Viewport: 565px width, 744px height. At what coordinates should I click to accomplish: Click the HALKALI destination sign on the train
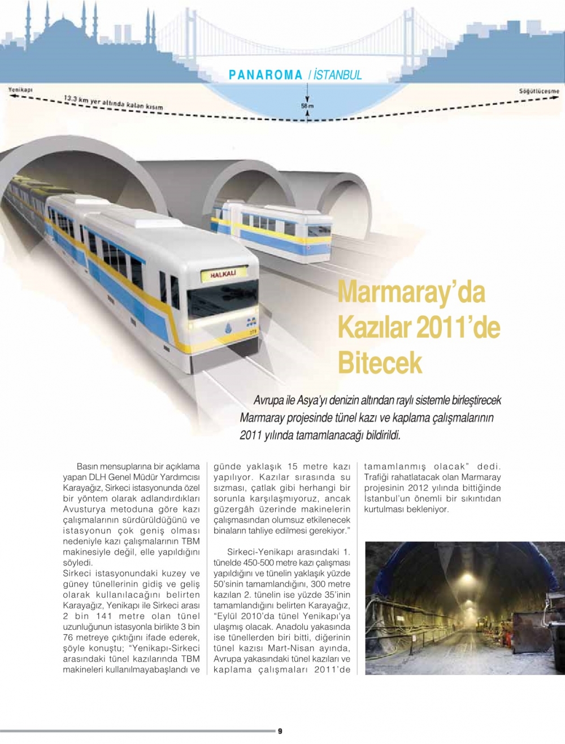[223, 275]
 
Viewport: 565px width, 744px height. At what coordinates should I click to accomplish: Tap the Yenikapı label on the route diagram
[20, 90]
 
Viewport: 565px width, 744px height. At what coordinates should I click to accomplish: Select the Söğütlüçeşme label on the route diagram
[538, 91]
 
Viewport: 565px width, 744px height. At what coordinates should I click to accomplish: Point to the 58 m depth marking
[307, 106]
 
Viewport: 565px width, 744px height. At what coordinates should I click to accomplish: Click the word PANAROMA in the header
[266, 75]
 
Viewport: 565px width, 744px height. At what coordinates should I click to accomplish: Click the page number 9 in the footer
[280, 731]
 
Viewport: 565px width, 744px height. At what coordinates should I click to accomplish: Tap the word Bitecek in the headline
[380, 362]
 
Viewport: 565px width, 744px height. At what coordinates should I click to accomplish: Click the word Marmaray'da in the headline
[411, 292]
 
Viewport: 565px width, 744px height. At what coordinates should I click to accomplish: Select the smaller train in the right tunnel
[271, 229]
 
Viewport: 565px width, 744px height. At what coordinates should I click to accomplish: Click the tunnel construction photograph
[464, 608]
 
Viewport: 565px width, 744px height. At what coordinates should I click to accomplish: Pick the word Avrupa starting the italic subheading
[268, 401]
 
